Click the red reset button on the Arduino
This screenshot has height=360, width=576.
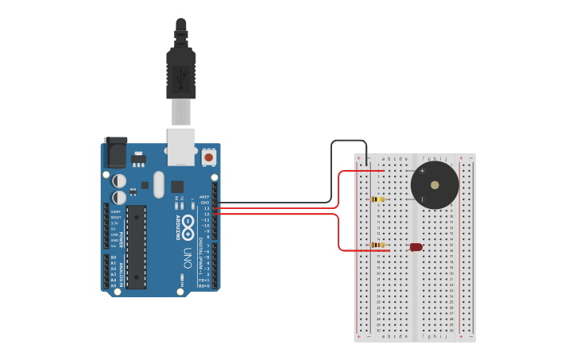209,157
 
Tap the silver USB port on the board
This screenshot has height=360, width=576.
180,144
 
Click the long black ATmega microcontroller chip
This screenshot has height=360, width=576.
136,246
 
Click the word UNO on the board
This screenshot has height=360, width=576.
187,258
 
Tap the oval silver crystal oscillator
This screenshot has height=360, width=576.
159,184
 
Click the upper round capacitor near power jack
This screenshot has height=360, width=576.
118,181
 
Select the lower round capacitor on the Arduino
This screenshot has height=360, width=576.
118,197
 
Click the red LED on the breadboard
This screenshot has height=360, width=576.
416,247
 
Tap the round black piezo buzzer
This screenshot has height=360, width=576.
435,185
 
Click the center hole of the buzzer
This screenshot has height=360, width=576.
435,185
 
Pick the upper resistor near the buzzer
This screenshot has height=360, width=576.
378,199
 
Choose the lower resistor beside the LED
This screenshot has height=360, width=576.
379,246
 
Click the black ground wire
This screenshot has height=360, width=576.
331,171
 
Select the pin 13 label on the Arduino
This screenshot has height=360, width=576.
207,208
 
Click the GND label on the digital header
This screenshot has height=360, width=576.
205,203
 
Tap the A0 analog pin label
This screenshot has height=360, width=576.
113,257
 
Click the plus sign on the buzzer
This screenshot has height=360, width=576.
422,171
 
